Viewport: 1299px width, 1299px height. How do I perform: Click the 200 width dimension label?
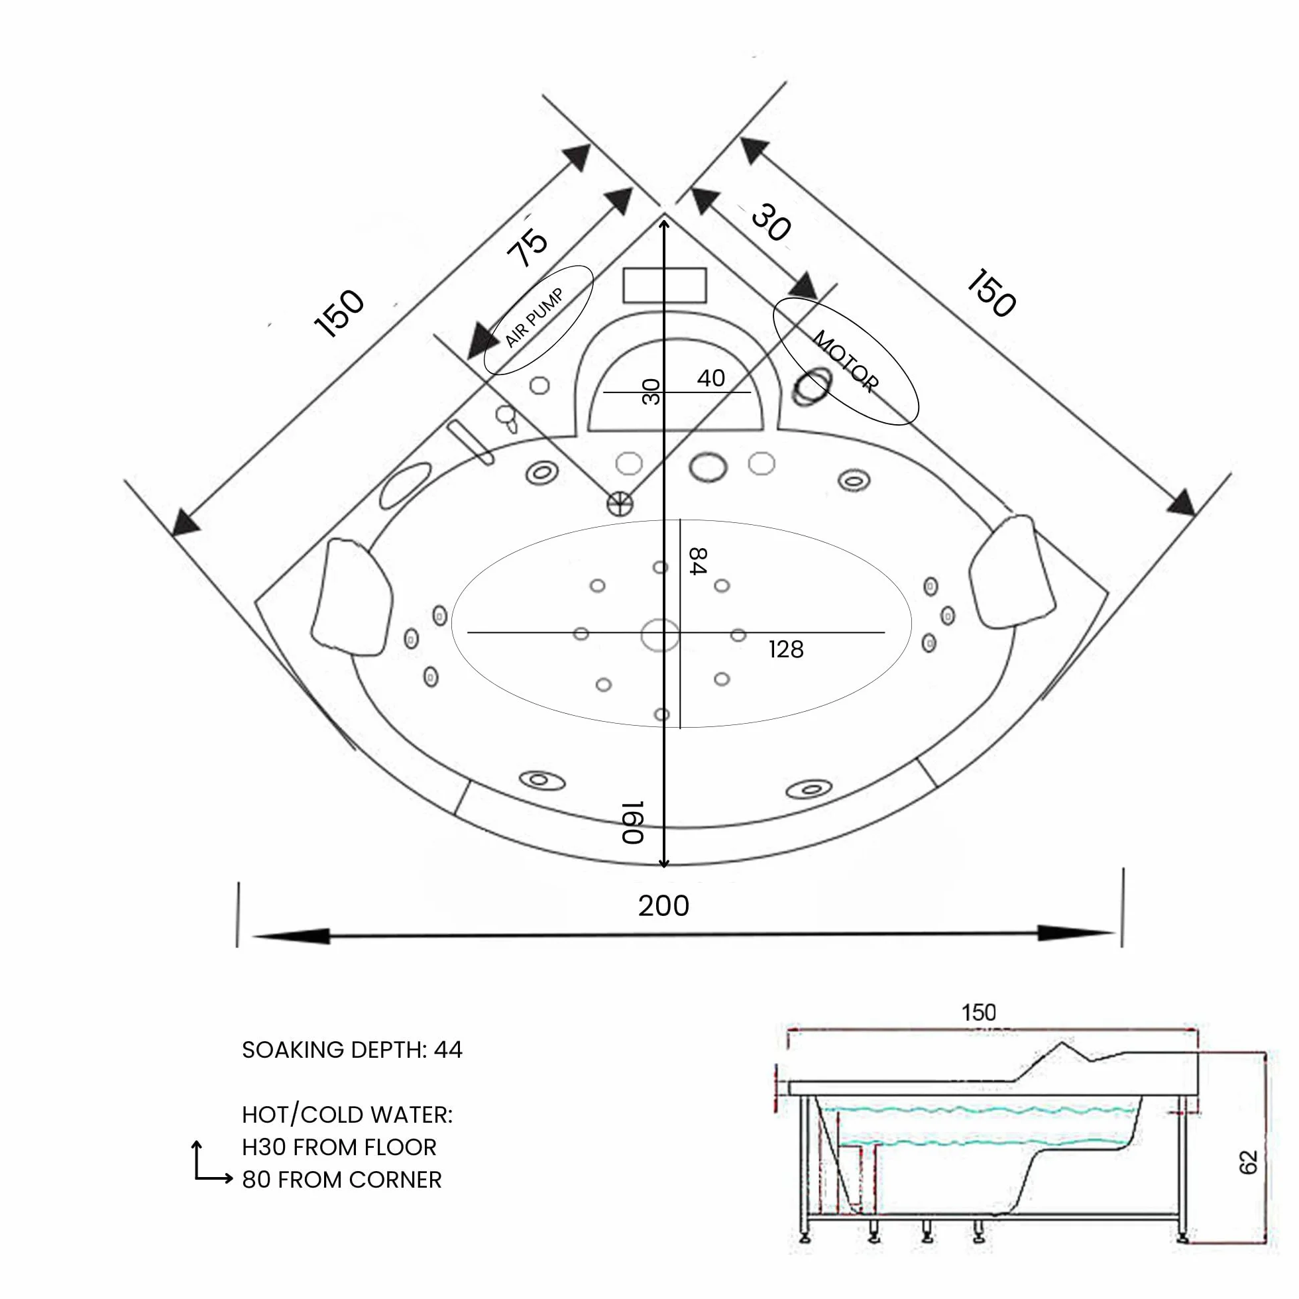pos(663,906)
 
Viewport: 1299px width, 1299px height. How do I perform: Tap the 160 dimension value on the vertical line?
pos(633,822)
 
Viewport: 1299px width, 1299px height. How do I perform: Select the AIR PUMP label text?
pos(535,319)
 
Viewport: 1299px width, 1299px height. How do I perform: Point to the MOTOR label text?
pos(846,361)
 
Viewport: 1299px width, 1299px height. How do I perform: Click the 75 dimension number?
pos(528,247)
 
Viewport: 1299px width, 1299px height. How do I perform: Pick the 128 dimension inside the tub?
pos(786,649)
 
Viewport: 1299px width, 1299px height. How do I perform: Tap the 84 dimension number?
pos(698,561)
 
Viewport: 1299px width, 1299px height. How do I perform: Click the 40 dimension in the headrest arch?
pos(710,378)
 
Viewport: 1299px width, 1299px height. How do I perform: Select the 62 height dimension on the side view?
pos(1248,1162)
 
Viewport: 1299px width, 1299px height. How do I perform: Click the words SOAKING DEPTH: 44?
pos(353,1050)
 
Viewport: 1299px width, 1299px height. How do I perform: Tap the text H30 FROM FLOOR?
pos(339,1147)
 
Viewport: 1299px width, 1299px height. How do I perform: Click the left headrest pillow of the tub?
pos(352,595)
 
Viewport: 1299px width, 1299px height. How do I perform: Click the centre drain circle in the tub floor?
pos(659,636)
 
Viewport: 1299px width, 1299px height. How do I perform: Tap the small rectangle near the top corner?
pos(664,285)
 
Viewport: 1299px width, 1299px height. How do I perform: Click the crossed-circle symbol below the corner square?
pos(620,502)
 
